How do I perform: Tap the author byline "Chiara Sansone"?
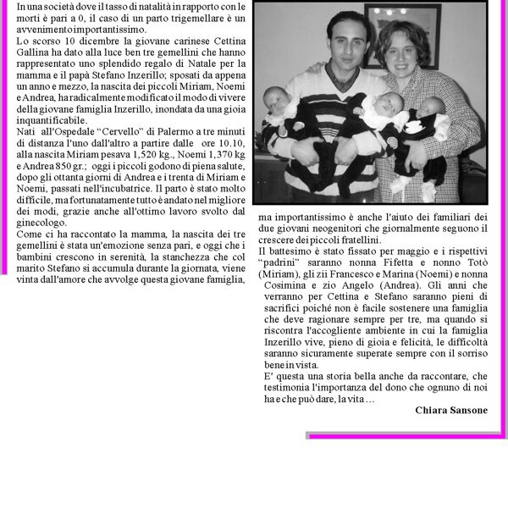tap(451, 410)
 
